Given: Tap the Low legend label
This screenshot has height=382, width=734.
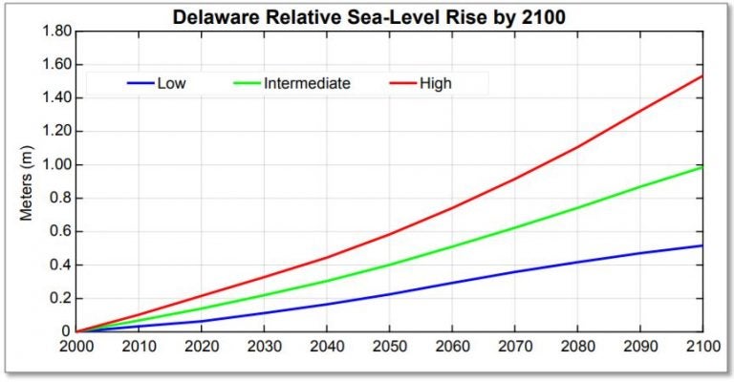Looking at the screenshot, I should point(172,83).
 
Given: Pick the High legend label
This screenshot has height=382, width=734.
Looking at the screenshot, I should point(436,83).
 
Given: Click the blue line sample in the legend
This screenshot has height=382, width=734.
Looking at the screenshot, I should point(140,83).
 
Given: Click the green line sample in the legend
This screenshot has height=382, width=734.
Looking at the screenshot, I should point(247,83).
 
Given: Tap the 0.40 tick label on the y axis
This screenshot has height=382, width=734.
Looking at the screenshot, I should point(57,265).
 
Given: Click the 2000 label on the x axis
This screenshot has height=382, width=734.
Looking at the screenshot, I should point(76,349).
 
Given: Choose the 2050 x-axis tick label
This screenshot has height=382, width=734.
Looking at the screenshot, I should point(389,349).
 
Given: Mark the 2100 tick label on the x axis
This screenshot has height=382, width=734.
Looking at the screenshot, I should point(701,349).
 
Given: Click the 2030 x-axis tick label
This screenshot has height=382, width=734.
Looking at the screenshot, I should point(264,349).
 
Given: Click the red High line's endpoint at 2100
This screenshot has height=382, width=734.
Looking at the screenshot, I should point(702,75).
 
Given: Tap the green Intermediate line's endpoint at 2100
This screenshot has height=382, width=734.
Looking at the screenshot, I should point(702,167).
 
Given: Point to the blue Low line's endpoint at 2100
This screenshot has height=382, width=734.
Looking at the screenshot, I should point(702,245).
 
